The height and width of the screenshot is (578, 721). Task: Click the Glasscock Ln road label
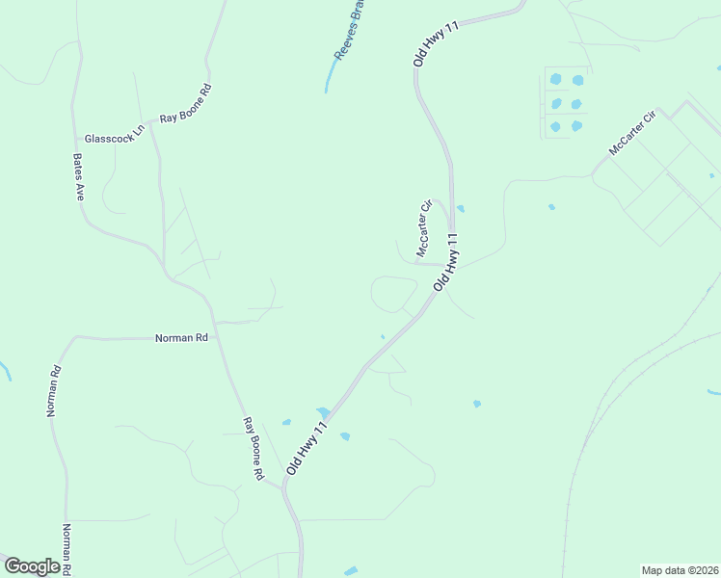(x=114, y=138)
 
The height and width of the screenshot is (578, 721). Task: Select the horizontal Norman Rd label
(x=182, y=338)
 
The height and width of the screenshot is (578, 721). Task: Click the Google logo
(x=32, y=565)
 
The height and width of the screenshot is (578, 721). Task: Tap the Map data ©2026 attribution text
(x=680, y=570)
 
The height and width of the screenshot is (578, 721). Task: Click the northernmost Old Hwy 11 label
(x=437, y=42)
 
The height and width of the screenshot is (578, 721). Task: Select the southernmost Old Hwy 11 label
(x=315, y=442)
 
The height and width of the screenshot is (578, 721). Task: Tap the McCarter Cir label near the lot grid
(x=631, y=133)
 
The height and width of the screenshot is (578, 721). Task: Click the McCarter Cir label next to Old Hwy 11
(x=424, y=229)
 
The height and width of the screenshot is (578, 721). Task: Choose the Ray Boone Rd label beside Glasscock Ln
(x=186, y=104)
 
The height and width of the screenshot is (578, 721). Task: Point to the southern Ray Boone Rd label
(x=254, y=449)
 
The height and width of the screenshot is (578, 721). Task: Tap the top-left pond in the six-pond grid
(x=555, y=81)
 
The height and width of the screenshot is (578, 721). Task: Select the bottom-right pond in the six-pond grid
(x=576, y=125)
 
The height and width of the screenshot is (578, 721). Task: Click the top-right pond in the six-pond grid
(x=577, y=81)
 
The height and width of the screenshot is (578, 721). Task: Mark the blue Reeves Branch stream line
(x=330, y=77)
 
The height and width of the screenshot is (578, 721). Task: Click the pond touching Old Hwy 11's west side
(x=323, y=412)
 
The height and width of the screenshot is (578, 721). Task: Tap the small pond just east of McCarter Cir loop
(x=461, y=208)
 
